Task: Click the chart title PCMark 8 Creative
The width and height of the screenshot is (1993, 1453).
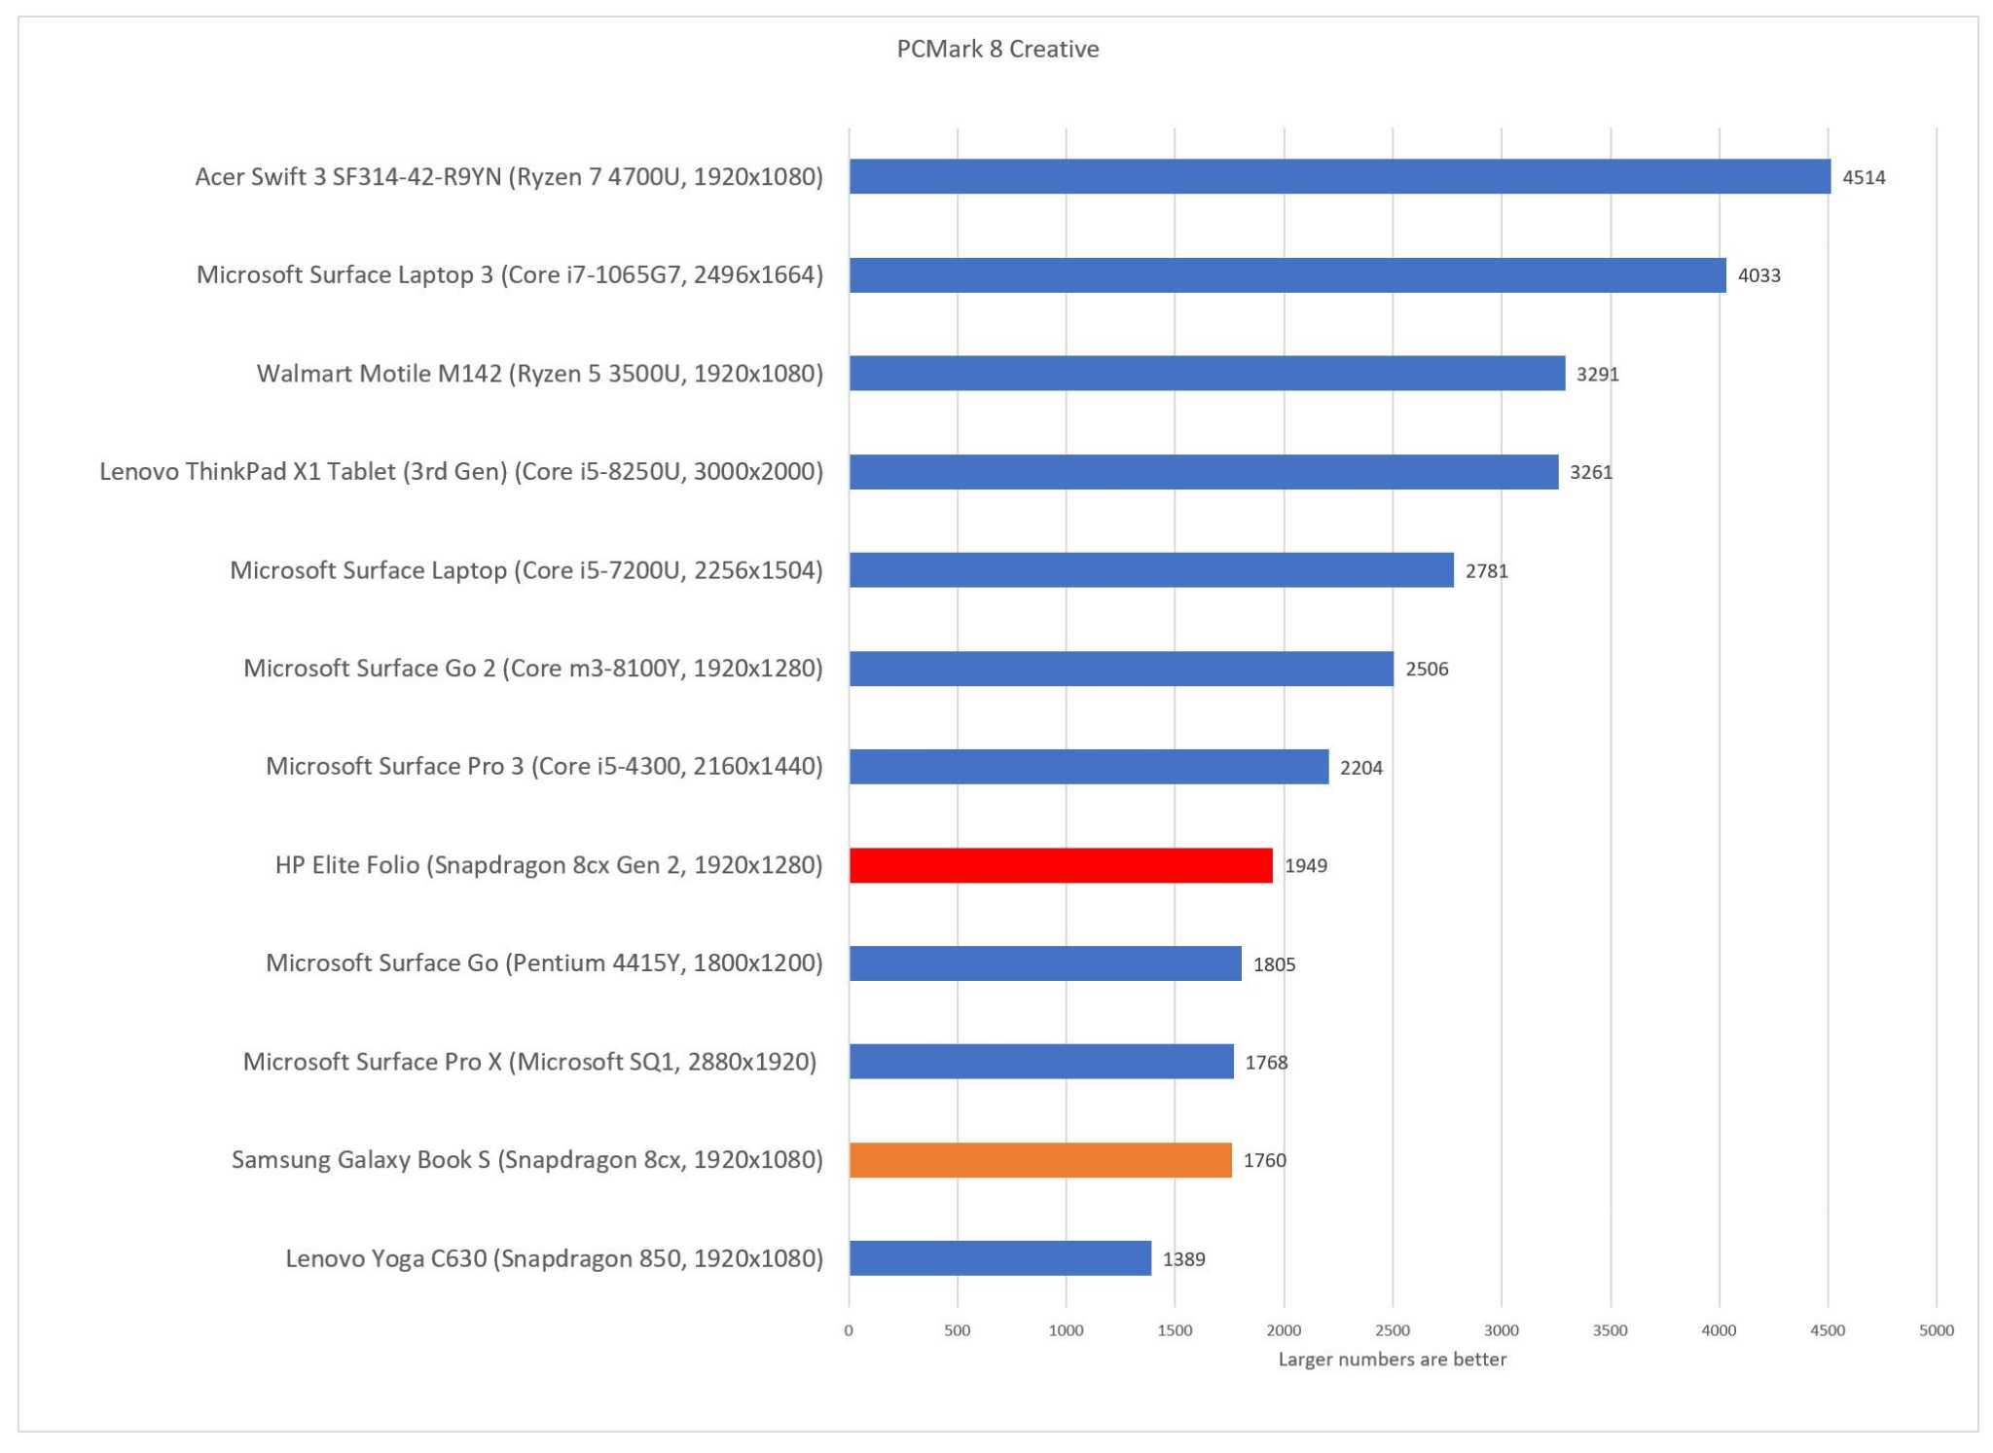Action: (x=997, y=49)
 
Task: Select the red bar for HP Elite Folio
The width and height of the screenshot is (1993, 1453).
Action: (x=1060, y=865)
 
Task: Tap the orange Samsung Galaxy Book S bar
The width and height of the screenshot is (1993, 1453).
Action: (x=1039, y=1160)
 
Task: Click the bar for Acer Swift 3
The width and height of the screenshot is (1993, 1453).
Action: (x=1339, y=176)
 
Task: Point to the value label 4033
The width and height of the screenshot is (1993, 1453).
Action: (x=1758, y=275)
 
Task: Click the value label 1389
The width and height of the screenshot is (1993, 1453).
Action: (x=1183, y=1259)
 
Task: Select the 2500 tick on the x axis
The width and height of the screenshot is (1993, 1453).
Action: (x=1392, y=1330)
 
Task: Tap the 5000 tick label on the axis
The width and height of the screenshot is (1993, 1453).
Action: (x=1936, y=1330)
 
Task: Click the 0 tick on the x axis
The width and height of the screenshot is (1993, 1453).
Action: (x=849, y=1330)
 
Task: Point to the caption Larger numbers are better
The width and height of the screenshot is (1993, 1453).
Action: (x=1392, y=1360)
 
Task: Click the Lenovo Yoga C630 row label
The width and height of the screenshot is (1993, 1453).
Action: (x=554, y=1258)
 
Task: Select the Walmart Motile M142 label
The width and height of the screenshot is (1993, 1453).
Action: (x=539, y=374)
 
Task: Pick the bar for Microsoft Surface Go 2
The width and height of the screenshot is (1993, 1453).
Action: (x=1121, y=669)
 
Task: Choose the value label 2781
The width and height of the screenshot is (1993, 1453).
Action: (x=1486, y=571)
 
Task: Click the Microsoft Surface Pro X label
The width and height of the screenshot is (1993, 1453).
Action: (x=529, y=1062)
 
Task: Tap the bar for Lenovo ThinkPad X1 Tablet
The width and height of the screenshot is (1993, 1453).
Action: (x=1203, y=472)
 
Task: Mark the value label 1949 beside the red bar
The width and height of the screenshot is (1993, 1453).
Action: (x=1305, y=866)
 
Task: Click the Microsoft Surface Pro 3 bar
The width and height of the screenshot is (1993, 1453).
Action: (x=1088, y=767)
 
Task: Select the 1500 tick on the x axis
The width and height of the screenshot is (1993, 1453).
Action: (x=1175, y=1330)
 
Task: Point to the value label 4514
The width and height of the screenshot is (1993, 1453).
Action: (x=1863, y=177)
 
